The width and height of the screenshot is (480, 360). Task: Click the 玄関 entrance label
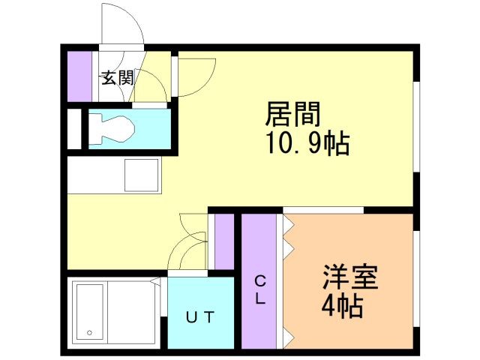(x=118, y=78)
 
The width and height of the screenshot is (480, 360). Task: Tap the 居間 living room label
(x=292, y=114)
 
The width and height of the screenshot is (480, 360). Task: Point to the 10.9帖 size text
(x=308, y=143)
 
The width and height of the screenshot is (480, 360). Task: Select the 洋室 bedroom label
(x=350, y=277)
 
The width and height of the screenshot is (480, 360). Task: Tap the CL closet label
(x=260, y=290)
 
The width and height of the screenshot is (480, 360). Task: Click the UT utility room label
(x=200, y=317)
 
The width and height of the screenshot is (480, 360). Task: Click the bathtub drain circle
(x=89, y=332)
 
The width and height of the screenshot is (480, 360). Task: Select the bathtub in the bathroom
(x=90, y=312)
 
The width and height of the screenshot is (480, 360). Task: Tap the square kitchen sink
(x=142, y=175)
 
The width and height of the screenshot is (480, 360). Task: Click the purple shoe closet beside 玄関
(x=79, y=76)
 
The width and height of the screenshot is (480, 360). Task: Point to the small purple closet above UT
(x=224, y=241)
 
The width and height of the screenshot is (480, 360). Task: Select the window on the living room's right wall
(x=416, y=127)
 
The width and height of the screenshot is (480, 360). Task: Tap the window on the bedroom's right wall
(x=416, y=279)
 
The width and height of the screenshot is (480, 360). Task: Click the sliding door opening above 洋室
(x=323, y=210)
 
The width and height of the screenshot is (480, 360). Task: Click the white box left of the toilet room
(x=74, y=129)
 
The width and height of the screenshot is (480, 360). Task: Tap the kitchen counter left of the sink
(x=96, y=175)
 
